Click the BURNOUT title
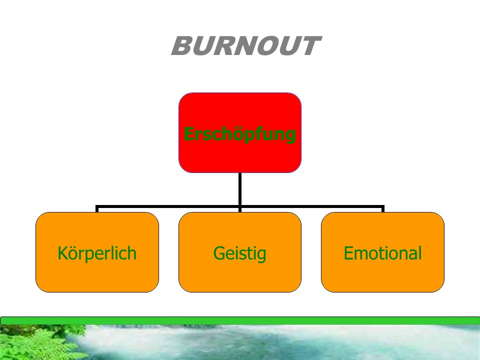[246, 46]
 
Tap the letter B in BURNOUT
[183, 46]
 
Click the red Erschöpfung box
[240, 132]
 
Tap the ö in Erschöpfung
[235, 134]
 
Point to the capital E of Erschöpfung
[188, 134]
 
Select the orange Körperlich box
[97, 252]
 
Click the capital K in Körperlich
[62, 253]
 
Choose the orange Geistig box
[240, 252]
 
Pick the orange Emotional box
[382, 252]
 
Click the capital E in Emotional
[348, 253]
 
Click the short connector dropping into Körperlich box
[97, 209]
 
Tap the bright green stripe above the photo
[240, 320]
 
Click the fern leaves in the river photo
[36, 343]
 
